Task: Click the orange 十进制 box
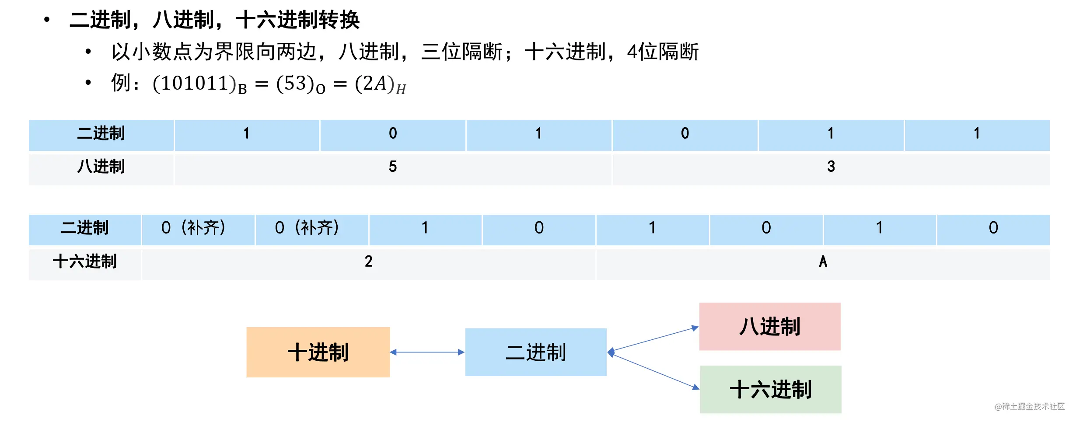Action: coord(318,352)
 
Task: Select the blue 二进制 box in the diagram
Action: coord(536,352)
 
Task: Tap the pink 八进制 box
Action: coord(770,326)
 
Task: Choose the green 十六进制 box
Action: coord(771,389)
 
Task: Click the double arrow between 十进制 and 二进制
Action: coord(427,352)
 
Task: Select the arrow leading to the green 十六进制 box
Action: coord(653,371)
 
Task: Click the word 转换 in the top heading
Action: coord(339,20)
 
